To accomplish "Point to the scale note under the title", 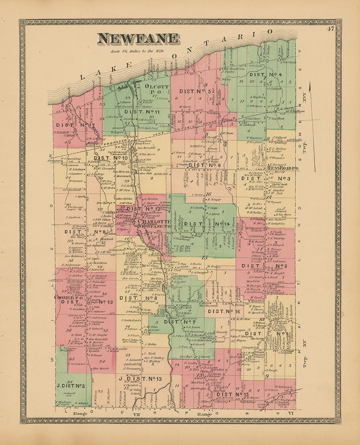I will pyautogui.click(x=137, y=51).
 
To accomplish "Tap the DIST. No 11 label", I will pyautogui.click(x=142, y=111).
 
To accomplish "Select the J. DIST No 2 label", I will pyautogui.click(x=71, y=386).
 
